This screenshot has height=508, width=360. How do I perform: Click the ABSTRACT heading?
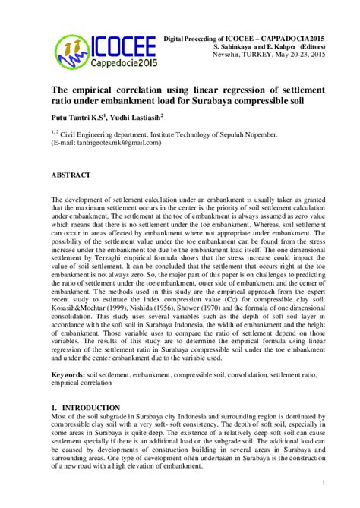click(x=71, y=175)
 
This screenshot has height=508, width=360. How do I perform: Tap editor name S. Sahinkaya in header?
click(x=236, y=47)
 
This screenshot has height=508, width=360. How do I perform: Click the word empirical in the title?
click(x=96, y=86)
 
